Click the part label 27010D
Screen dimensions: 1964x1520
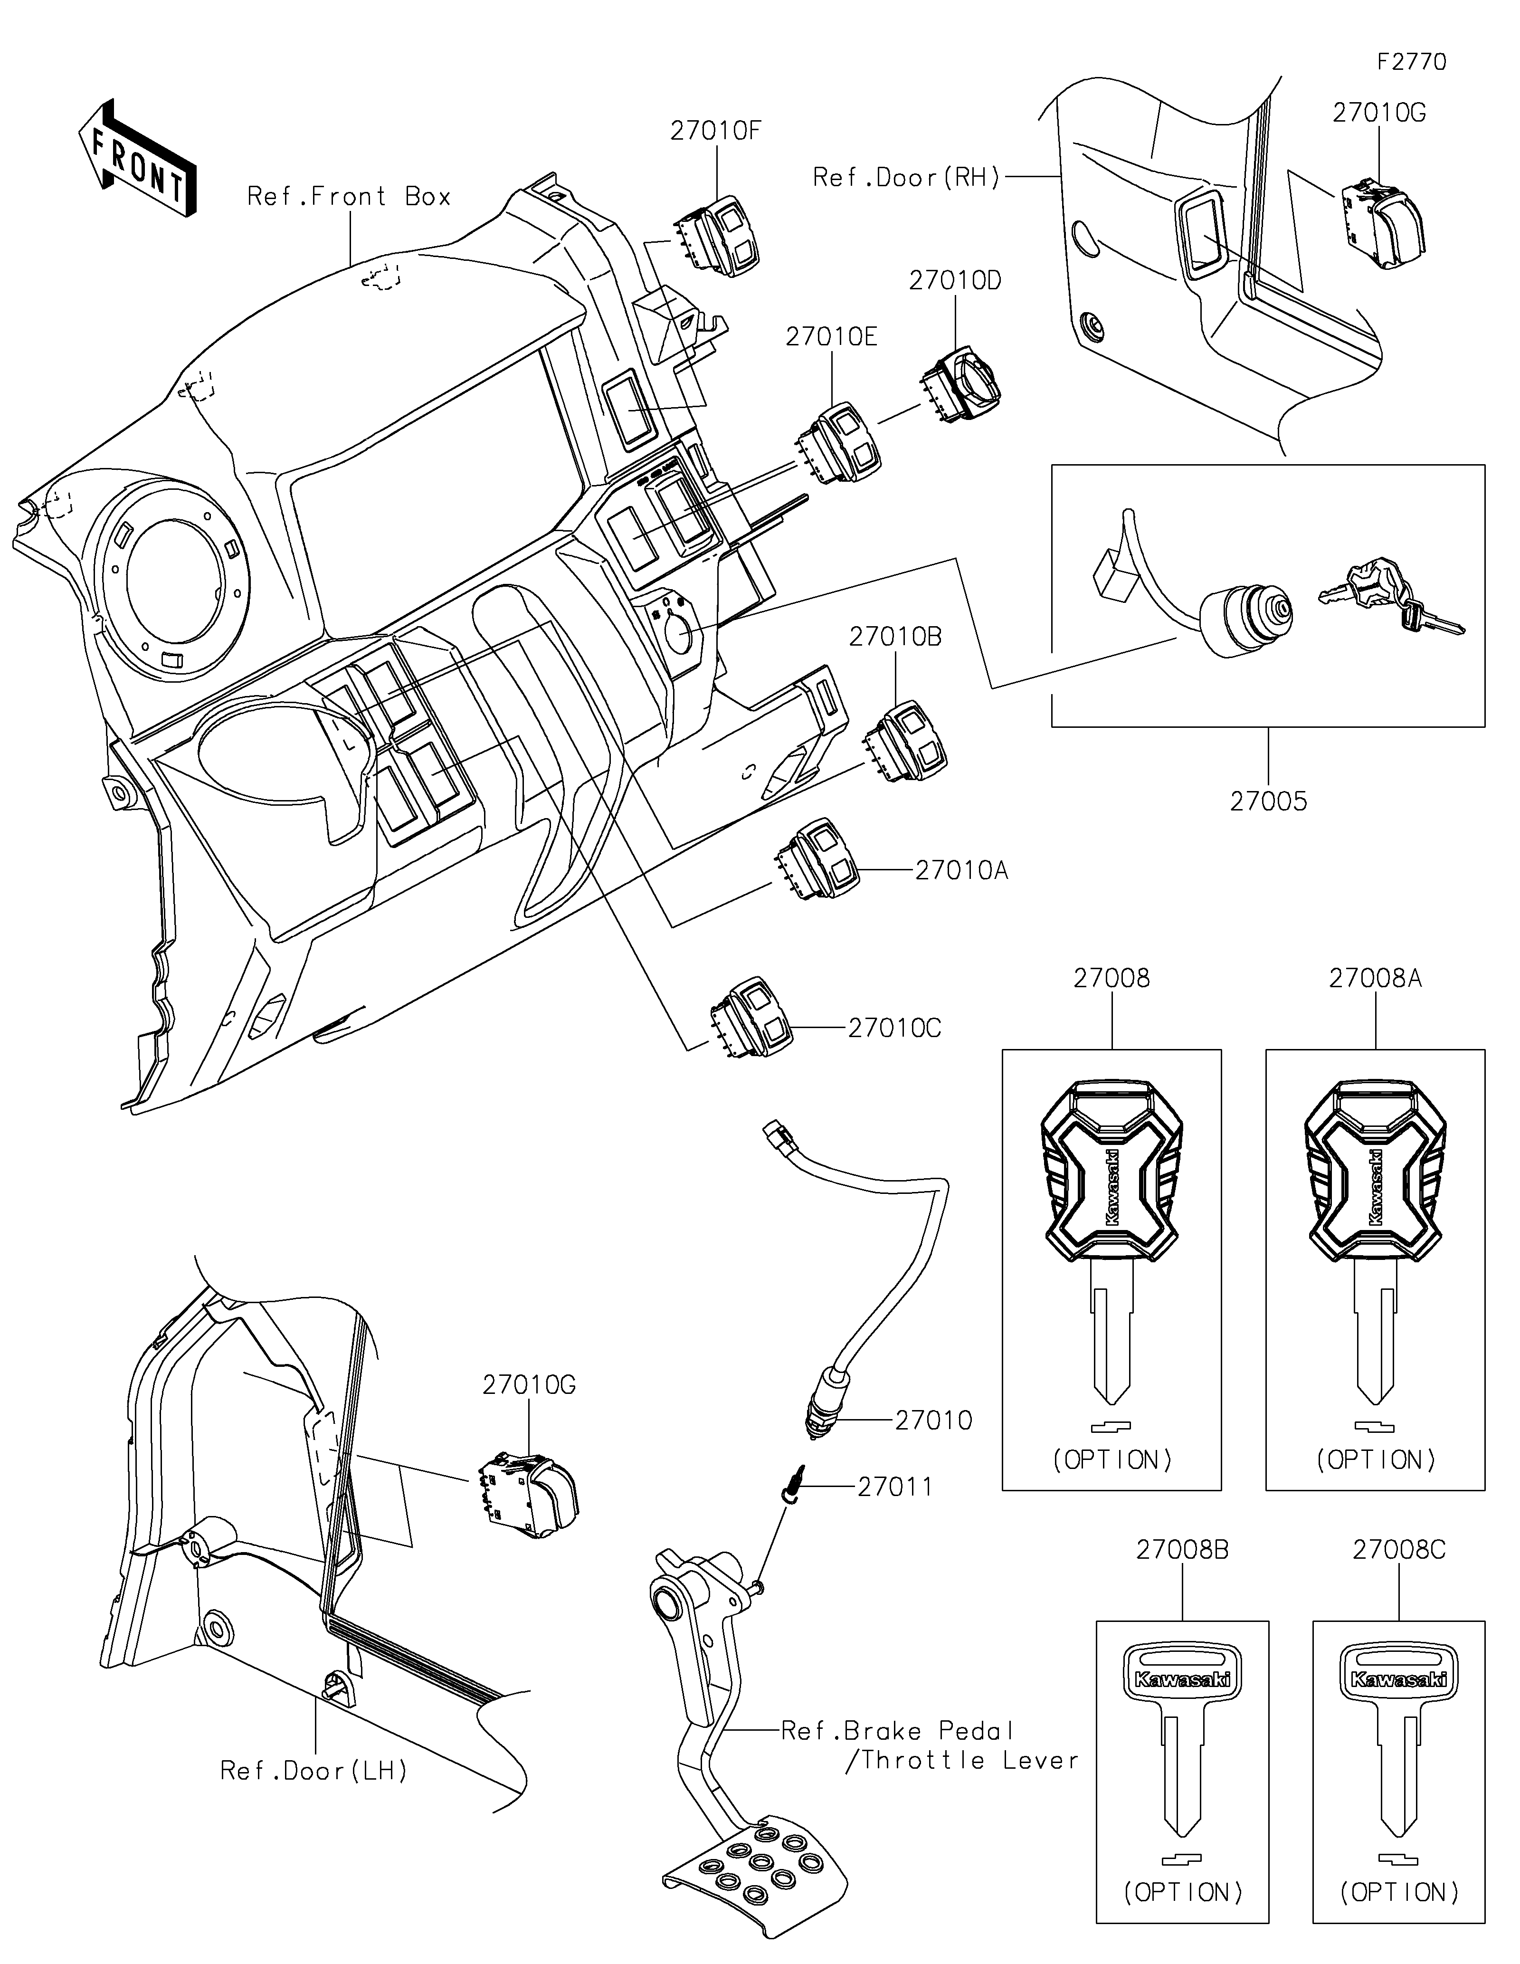pos(955,281)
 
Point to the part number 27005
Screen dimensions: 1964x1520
pos(1268,801)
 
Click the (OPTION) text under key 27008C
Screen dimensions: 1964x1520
pos(1399,1892)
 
